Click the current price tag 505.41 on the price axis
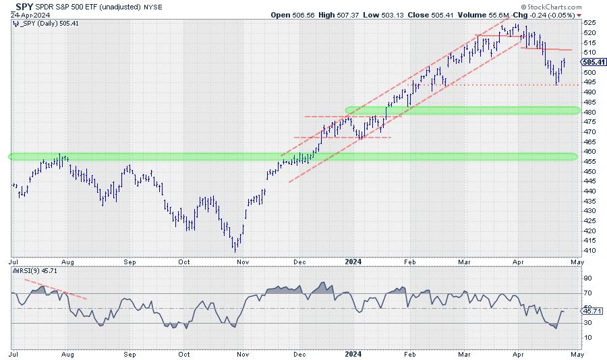pos(593,62)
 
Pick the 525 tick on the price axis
pos(589,22)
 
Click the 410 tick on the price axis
pos(589,250)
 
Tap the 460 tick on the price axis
pos(589,151)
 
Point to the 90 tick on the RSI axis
pos(587,278)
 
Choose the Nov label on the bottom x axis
pos(244,353)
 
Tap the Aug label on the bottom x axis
pos(68,353)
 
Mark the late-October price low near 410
pos(235,249)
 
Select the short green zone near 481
pos(462,110)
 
